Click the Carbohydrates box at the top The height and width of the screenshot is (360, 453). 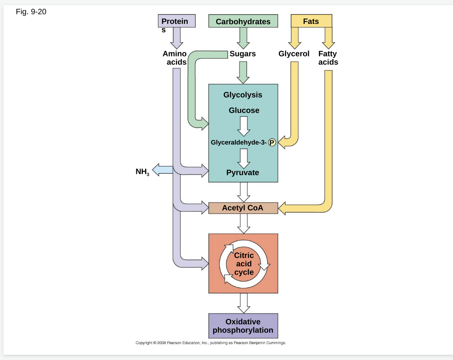[x=243, y=21]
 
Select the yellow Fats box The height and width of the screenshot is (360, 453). [x=311, y=21]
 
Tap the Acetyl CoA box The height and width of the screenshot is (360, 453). [x=243, y=208]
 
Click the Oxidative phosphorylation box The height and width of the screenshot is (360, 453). [x=243, y=326]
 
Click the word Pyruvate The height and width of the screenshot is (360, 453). [x=243, y=173]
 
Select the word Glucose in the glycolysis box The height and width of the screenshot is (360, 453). [x=244, y=111]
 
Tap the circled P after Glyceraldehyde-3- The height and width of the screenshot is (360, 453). [x=272, y=142]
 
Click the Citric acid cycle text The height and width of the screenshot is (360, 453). [x=244, y=264]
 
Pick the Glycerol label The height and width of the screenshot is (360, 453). [x=294, y=54]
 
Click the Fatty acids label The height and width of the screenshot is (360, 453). [x=328, y=58]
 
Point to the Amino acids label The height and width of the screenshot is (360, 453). [x=175, y=58]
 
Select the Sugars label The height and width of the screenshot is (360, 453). [x=242, y=54]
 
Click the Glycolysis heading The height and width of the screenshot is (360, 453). [x=242, y=95]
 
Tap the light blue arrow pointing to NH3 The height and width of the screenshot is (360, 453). [x=162, y=170]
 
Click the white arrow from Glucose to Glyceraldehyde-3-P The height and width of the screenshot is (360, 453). [x=244, y=126]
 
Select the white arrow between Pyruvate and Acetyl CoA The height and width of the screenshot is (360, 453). [x=244, y=191]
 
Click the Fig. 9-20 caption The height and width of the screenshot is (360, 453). [x=31, y=12]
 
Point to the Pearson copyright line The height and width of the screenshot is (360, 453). [x=211, y=343]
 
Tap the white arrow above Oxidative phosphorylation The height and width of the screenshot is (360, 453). [x=244, y=303]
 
